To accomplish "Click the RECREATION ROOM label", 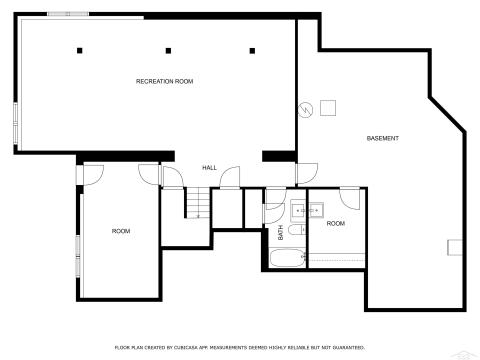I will click(164, 80).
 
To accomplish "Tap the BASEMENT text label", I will click(383, 137).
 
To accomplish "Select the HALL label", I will click(209, 167).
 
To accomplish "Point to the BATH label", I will click(281, 232).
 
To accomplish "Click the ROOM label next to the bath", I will click(336, 223).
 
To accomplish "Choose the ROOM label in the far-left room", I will click(121, 231).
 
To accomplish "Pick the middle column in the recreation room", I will click(167, 50).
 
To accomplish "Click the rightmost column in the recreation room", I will click(252, 50).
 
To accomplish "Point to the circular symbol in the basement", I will click(305, 109).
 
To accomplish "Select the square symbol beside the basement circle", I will click(328, 109).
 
